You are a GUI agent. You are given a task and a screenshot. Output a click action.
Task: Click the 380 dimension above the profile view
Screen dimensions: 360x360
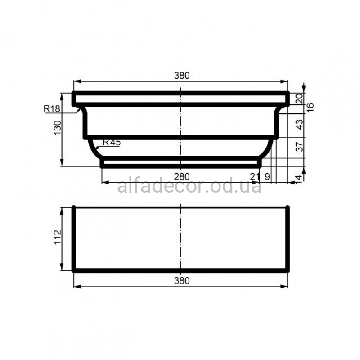coord(182,76)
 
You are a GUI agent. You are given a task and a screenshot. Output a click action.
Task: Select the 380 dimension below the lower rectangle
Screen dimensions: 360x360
coord(182,280)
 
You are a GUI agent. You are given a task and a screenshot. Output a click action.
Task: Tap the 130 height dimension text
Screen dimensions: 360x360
coord(58,128)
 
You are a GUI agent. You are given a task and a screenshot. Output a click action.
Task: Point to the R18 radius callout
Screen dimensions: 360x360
coord(52,108)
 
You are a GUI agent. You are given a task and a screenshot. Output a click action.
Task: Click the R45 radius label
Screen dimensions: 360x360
coord(112,142)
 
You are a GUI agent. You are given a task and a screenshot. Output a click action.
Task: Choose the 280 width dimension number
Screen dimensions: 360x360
coord(182,177)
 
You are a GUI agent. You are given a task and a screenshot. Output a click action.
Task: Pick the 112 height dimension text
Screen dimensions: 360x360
coord(58,237)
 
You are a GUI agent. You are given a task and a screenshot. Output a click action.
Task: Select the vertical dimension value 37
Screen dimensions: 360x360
coord(300,147)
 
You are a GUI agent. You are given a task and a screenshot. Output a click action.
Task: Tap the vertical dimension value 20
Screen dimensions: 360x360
coord(300,99)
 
